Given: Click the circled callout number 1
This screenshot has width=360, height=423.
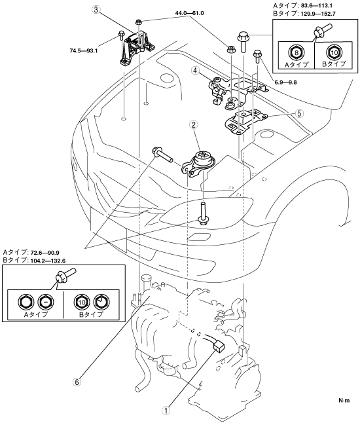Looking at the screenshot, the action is click(166, 411).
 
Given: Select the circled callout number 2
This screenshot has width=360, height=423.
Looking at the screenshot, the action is click(194, 124).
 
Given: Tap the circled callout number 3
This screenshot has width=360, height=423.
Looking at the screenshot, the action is click(96, 10).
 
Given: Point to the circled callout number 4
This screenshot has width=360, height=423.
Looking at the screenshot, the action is click(195, 71).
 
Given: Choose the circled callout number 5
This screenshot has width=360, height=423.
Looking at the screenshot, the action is click(298, 113).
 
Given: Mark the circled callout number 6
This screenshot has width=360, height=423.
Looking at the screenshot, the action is click(77, 382).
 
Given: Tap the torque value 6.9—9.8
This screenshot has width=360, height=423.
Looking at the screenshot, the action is click(285, 83).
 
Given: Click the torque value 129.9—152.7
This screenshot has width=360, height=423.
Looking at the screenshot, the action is click(319, 14).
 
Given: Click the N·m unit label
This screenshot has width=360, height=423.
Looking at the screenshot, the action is click(344, 400).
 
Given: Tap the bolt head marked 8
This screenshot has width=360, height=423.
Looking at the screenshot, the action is click(297, 52).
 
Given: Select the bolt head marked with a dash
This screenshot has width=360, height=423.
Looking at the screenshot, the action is click(45, 302).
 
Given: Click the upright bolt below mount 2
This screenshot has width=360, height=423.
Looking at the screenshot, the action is click(202, 213).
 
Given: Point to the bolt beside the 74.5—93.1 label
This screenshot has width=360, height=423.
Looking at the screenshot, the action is click(121, 37).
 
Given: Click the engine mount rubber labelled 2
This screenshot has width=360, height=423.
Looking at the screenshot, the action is click(199, 165).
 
